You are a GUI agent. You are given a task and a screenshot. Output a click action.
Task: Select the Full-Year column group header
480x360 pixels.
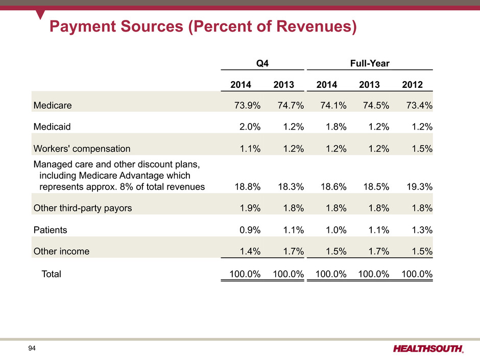coord(370,63)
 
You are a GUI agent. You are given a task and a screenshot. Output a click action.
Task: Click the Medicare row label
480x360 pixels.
coord(53,106)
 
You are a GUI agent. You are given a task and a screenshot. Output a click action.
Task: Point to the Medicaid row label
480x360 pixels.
coord(52,127)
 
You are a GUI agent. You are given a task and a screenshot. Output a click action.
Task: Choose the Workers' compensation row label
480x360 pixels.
coord(82,149)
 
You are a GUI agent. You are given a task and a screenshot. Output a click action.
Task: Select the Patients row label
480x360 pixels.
coord(50,230)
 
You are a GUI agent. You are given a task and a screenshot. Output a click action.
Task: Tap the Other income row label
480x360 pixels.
coord(61,251)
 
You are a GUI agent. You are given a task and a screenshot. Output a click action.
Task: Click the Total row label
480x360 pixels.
coord(51,274)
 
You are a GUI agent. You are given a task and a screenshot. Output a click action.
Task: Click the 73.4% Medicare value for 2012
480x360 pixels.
coord(418,106)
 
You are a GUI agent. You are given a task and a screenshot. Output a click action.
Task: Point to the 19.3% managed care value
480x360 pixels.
coord(418,186)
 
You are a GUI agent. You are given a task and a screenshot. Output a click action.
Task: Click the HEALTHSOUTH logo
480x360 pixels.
coord(428,349)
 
